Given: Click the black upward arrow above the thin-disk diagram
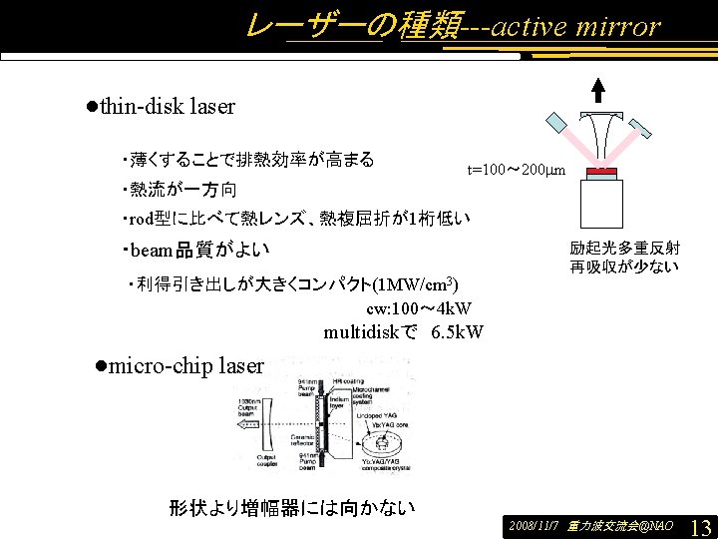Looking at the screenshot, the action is (598, 90).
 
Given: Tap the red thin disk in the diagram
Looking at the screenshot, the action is (601, 174).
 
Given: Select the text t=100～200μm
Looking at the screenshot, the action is (517, 171).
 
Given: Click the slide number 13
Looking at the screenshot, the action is (700, 526).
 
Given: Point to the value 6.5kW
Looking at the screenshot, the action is (458, 331).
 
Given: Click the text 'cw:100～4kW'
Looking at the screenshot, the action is (419, 308).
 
